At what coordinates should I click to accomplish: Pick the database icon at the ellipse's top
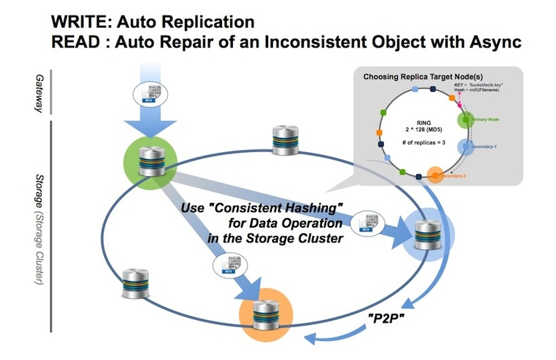coord(284,141)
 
